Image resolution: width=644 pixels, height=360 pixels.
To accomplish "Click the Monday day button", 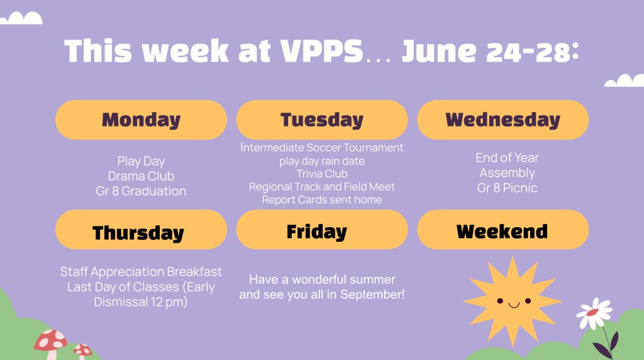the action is coord(141,120).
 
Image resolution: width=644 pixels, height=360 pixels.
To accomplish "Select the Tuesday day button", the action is coord(322,120).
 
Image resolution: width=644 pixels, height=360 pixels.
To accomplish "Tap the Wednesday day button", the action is coord(502,120).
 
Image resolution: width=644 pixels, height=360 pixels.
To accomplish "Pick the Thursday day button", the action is coord(141,230).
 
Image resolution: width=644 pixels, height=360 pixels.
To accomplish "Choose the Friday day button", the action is coord(322,230).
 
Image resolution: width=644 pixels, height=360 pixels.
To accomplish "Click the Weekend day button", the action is coord(502,230).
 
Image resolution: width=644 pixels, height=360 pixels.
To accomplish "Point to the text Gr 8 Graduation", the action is coord(141,191).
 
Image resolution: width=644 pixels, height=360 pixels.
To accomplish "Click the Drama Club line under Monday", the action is coord(141,176).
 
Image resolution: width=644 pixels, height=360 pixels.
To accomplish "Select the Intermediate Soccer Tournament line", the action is coord(322,147).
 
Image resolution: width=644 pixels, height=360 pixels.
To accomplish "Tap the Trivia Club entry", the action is coord(322,174).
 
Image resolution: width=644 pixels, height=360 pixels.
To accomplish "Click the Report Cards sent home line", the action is coord(322,200).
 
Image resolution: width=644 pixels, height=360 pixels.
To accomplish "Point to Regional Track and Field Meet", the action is coord(322,186).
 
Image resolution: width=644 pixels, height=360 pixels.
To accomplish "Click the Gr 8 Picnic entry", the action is coord(508,188).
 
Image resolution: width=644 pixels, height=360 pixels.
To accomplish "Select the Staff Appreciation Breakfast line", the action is coord(141,272).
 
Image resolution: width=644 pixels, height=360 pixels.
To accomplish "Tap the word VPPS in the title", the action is coord(321,51).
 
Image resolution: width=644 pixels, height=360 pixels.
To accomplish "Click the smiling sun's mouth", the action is coord(514,305).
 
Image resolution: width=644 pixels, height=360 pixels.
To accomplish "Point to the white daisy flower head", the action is coord(594,313).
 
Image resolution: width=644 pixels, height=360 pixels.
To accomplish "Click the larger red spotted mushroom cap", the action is coord(50,340).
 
